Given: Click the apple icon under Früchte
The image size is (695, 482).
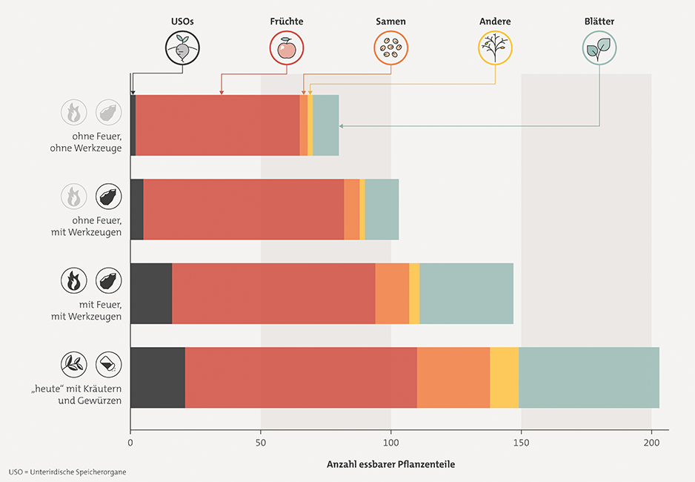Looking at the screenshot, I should (286, 49).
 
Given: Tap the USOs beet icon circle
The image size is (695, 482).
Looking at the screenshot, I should (182, 49).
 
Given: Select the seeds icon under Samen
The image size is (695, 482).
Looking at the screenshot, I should (390, 49).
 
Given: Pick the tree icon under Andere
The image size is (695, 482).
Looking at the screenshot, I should (495, 49).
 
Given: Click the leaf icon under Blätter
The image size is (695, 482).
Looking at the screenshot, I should (599, 49).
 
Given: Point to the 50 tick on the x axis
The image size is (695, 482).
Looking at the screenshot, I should (261, 443).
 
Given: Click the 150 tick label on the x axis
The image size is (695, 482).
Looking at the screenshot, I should (522, 443).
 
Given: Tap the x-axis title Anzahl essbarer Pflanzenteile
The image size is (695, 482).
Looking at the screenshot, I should (391, 464).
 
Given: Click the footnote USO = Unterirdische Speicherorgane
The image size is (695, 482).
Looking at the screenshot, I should (62, 472).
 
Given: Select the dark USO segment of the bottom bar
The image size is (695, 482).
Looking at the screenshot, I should (158, 377).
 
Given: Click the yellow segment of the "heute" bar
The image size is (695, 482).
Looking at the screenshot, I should (504, 377).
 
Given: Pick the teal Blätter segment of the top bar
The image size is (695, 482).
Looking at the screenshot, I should (326, 125).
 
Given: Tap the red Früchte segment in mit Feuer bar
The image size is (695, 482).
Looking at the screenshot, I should (273, 294).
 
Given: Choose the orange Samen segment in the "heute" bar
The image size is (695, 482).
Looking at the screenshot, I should (453, 377).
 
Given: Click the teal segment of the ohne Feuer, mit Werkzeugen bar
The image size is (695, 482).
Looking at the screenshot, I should (382, 210).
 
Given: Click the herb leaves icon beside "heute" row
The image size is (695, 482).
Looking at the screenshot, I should (73, 364).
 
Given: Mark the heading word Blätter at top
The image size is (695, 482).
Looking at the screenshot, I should (599, 22).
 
